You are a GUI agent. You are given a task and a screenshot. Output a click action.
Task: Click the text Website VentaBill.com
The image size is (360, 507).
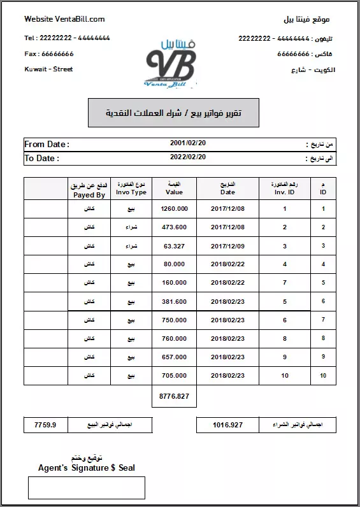click(64, 19)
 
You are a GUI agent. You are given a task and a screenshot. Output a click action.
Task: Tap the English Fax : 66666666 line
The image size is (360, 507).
click(49, 54)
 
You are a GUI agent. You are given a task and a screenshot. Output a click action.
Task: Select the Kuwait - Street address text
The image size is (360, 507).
click(48, 69)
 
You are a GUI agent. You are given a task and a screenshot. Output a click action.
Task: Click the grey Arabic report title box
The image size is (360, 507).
click(173, 113)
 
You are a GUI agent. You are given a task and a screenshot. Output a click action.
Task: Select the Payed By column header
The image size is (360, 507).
click(89, 195)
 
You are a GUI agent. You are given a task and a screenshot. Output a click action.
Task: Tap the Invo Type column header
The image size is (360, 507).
click(131, 192)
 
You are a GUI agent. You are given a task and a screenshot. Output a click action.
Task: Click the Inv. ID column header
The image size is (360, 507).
click(284, 192)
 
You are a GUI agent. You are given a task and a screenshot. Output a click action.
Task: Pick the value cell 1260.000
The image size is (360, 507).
click(174, 208)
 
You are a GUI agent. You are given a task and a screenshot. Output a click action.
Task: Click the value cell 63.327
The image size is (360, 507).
click(174, 245)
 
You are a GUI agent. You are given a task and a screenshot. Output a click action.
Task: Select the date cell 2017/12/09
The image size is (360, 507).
click(227, 245)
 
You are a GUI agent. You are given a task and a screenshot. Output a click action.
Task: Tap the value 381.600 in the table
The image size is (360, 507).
click(174, 301)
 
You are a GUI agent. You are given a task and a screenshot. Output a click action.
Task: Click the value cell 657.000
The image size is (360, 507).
click(174, 357)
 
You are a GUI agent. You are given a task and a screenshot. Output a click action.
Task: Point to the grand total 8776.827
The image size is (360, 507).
click(174, 396)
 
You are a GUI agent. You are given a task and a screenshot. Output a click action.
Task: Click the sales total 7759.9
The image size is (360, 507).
click(45, 424)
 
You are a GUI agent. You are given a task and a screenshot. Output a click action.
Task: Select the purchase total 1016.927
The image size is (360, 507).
click(228, 424)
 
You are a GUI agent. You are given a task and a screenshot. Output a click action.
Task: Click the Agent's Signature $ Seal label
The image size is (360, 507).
click(87, 468)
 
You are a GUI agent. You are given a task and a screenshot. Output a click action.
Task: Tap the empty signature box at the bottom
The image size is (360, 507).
click(87, 488)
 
